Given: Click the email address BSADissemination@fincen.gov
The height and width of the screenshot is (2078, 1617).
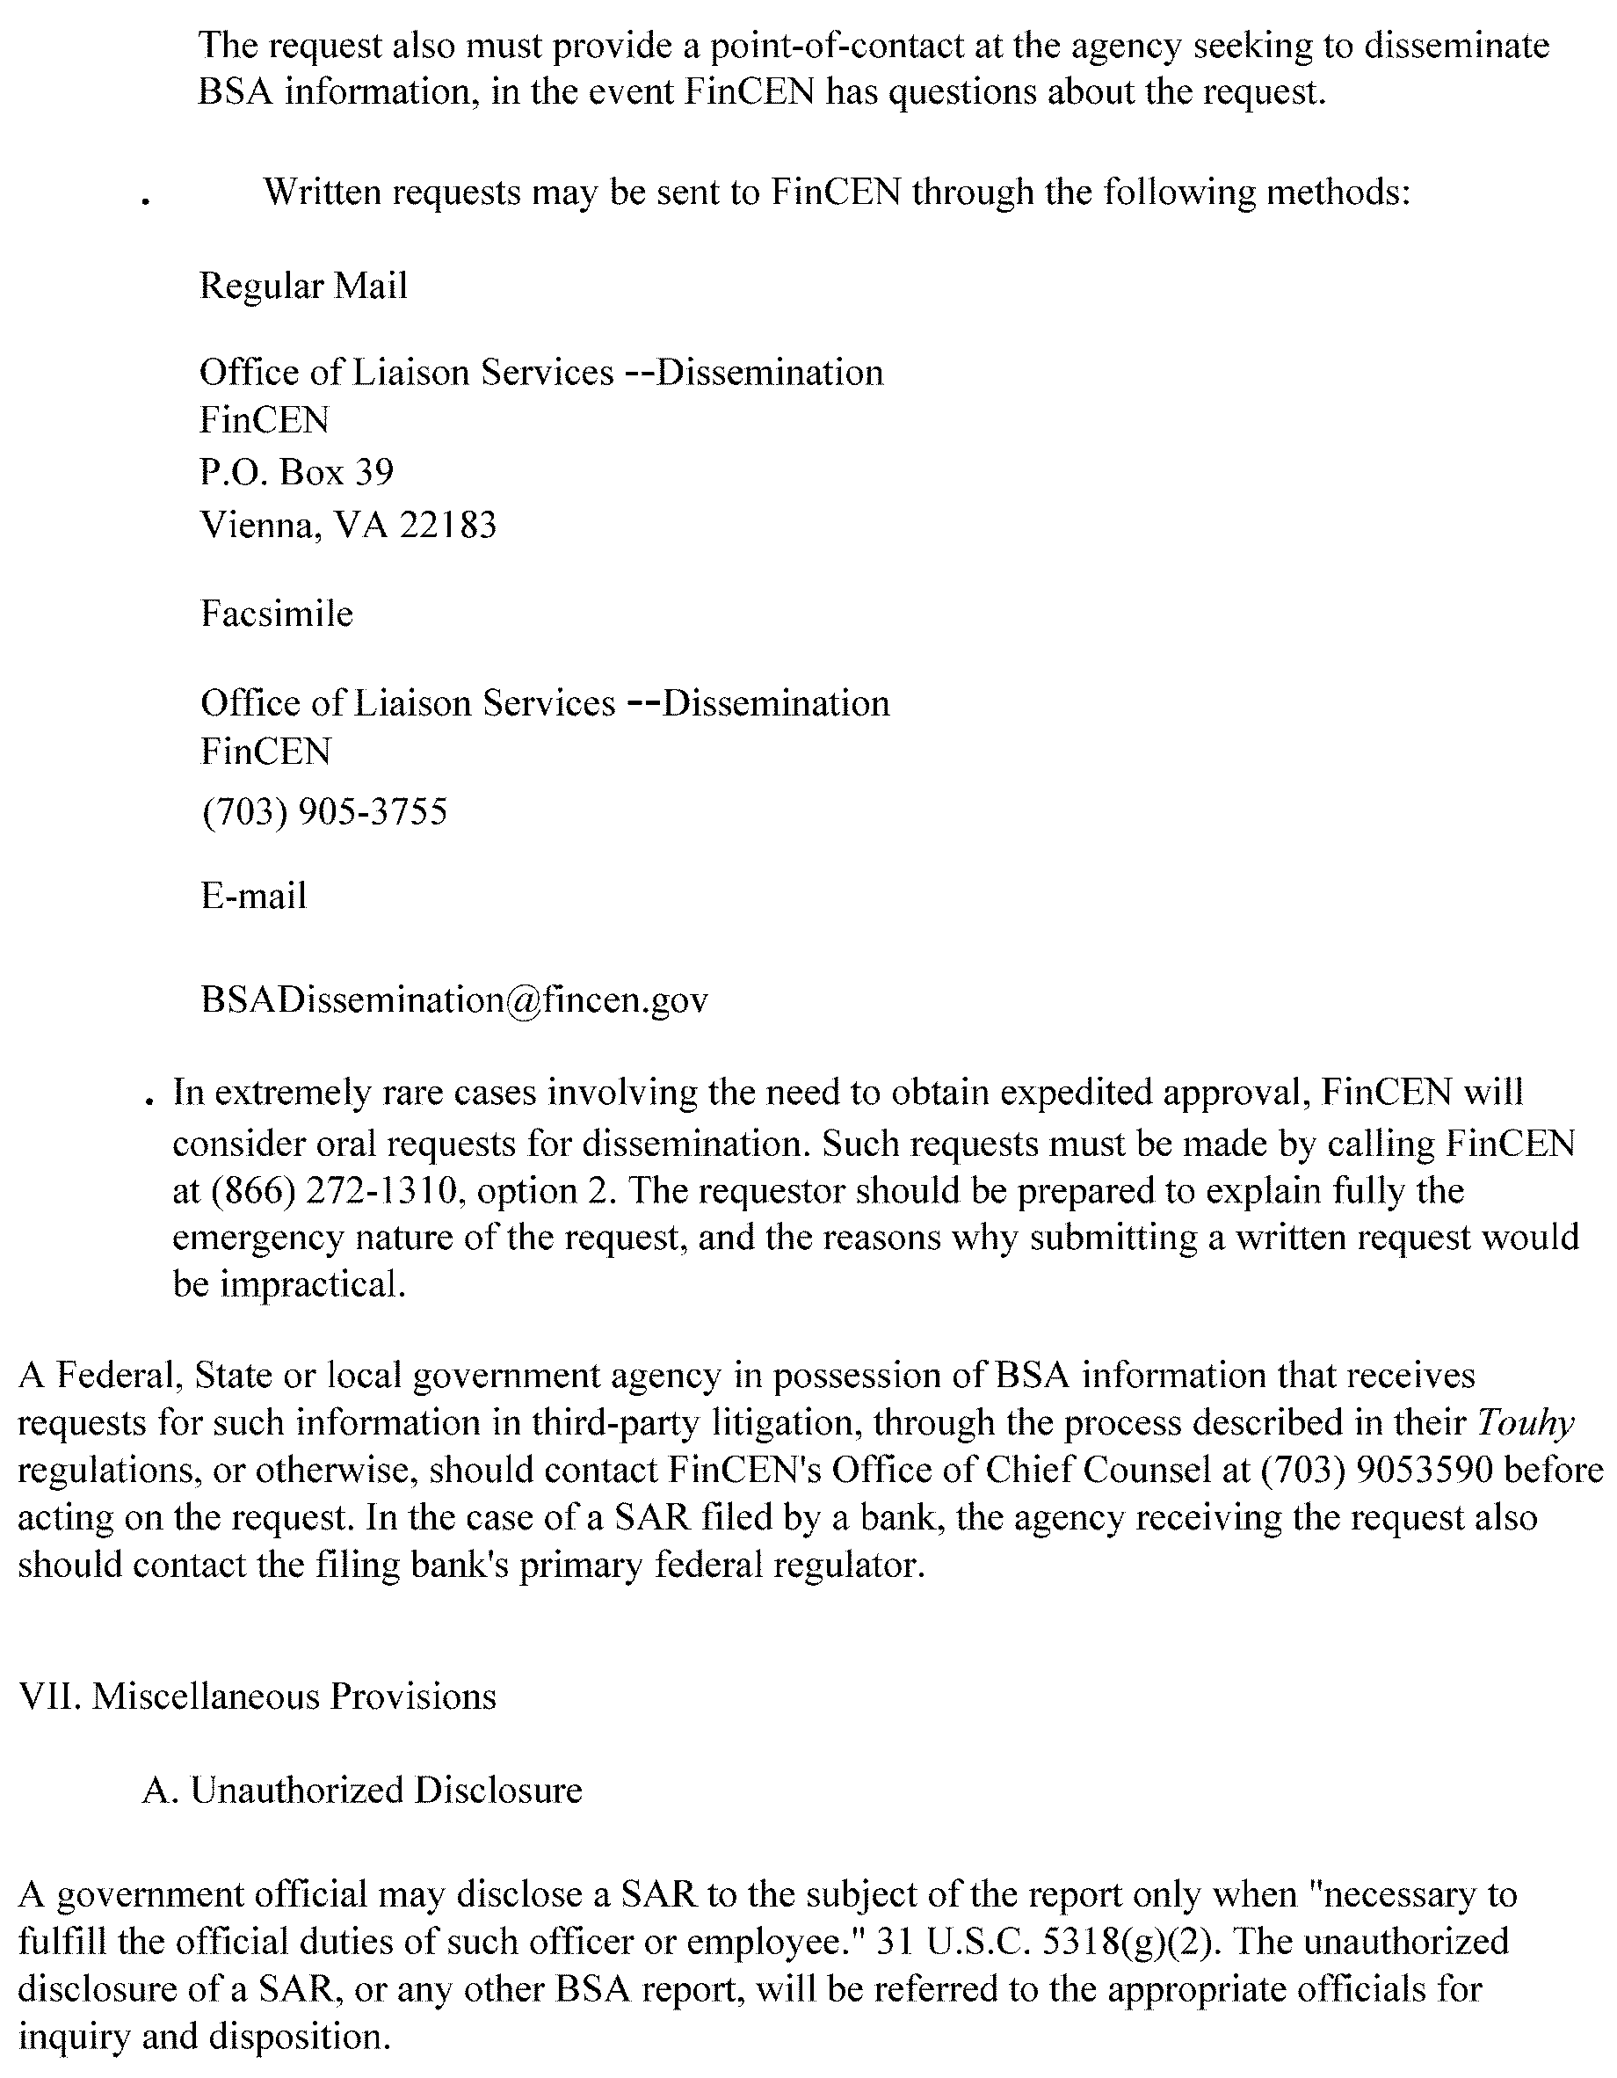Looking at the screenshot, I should click(453, 1000).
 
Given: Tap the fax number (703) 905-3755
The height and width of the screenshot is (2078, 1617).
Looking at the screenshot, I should click(323, 811).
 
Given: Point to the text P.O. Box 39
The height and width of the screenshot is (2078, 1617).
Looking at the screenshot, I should click(296, 472).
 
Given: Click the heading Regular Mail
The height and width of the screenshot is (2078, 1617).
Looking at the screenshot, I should click(302, 286).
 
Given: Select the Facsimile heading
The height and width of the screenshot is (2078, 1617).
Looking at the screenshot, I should click(276, 614).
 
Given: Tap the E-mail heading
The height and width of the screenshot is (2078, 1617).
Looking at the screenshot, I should click(253, 897).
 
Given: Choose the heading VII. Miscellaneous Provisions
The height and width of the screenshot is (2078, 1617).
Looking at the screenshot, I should click(257, 1697).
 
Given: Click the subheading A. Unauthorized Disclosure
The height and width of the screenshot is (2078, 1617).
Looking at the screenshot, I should click(361, 1790).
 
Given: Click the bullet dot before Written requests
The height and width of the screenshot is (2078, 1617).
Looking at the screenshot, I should click(146, 200).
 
